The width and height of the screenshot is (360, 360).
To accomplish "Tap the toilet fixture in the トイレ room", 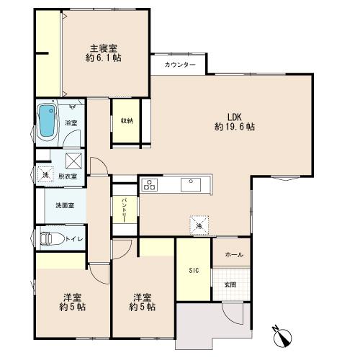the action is point(52,239).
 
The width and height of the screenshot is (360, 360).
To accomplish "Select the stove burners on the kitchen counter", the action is point(150,185).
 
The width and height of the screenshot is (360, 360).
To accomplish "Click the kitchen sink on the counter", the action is point(191,184).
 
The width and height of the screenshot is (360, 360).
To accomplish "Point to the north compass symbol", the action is point(282,336).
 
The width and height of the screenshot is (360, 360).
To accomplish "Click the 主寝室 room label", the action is point(104,49).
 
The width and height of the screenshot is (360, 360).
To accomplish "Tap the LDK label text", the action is point(235,117).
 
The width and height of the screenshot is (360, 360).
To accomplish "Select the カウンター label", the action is point(180,65).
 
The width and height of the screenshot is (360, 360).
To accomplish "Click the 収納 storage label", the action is point(127,120).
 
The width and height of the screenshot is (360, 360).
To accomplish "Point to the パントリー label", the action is point(125,210).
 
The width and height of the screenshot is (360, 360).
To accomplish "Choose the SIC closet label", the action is point(194,271).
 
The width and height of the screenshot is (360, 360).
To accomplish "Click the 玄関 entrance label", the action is point(230,285).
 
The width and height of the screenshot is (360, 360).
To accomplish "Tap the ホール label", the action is point(234,255).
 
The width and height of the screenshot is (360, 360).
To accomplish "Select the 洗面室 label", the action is point(65,205).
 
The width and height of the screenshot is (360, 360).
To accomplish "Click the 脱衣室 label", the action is point(68,176).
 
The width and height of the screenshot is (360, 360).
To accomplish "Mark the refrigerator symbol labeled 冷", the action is point(199,225).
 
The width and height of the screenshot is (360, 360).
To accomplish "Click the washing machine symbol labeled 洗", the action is point(45,175).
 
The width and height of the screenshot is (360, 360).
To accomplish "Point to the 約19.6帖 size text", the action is point(235,127).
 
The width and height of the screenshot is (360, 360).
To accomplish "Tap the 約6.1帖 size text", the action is point(104,58).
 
